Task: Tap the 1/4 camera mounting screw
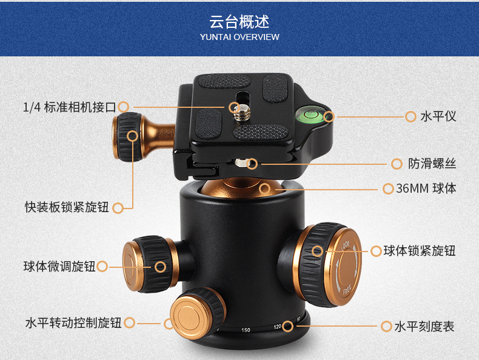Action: coord(243,112)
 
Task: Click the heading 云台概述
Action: coord(239,22)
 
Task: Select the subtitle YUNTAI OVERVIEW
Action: coord(239,37)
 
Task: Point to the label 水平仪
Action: coord(438,116)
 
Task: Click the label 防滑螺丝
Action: coord(432,164)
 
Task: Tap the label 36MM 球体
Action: coord(426,188)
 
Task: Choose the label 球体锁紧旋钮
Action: coord(420,251)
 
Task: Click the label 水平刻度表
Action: coord(424,327)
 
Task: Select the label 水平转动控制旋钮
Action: coord(73,323)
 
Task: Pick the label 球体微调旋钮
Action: coord(59,266)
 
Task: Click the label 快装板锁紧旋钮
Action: coord(67,207)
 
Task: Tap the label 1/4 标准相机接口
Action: coord(70,107)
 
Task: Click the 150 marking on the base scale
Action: coord(246,330)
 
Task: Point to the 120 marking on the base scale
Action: coord(277,327)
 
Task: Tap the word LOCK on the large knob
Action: coord(346,245)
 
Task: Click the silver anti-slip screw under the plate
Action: coord(241,162)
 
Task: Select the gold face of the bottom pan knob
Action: coord(189,317)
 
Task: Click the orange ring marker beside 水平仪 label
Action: coord(410,116)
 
